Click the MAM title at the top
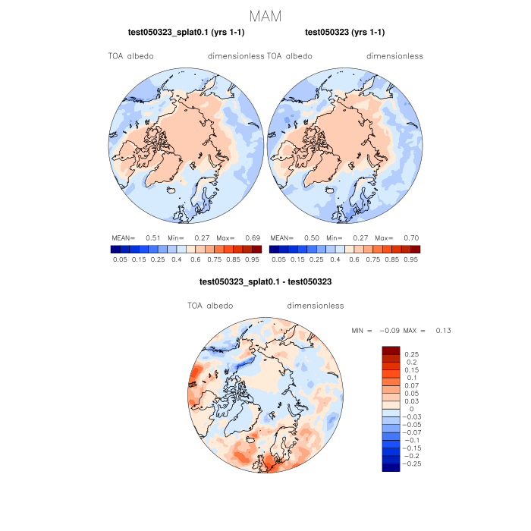coord(265,16)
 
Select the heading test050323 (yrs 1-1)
coord(344,33)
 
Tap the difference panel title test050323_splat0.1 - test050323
coord(265,281)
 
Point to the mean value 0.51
coord(152,238)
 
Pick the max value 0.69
coord(253,238)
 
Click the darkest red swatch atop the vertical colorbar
coord(391,350)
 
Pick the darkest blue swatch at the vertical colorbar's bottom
coord(391,467)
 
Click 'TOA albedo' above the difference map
coord(210,306)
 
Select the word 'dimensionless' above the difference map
coord(316,306)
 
